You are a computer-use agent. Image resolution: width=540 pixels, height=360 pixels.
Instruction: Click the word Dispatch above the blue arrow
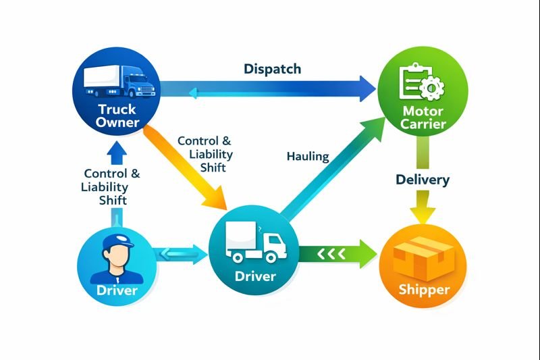coord(272,69)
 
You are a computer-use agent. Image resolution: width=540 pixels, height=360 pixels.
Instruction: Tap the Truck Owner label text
coord(117,115)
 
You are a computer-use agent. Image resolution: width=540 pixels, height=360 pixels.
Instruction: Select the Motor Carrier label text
coord(422,117)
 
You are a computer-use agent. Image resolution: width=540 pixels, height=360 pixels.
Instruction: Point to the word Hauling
coord(307,157)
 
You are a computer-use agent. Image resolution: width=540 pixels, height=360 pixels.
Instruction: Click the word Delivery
coord(423,180)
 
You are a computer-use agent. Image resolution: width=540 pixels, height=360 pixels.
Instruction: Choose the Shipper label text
coord(424,290)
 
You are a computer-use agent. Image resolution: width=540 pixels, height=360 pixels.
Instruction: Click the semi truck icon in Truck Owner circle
coord(119,82)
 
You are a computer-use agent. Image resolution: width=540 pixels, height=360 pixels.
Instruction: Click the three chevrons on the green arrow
coord(331,254)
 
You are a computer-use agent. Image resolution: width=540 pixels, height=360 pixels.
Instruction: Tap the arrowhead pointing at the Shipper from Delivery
coord(423,215)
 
